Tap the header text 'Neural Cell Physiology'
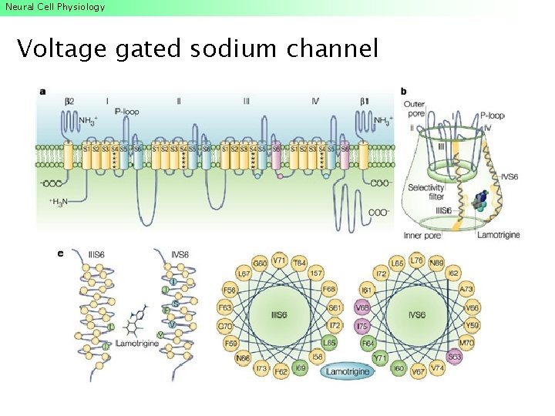pos(54,7)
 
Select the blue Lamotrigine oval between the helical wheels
pos(347,373)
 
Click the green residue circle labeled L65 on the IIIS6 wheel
pos(329,342)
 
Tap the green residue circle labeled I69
pos(301,369)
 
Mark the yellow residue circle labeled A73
pos(466,290)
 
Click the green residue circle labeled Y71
pos(378,359)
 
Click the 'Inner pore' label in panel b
pos(422,235)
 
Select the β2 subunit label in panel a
pos(69,101)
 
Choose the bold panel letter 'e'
pos(62,252)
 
